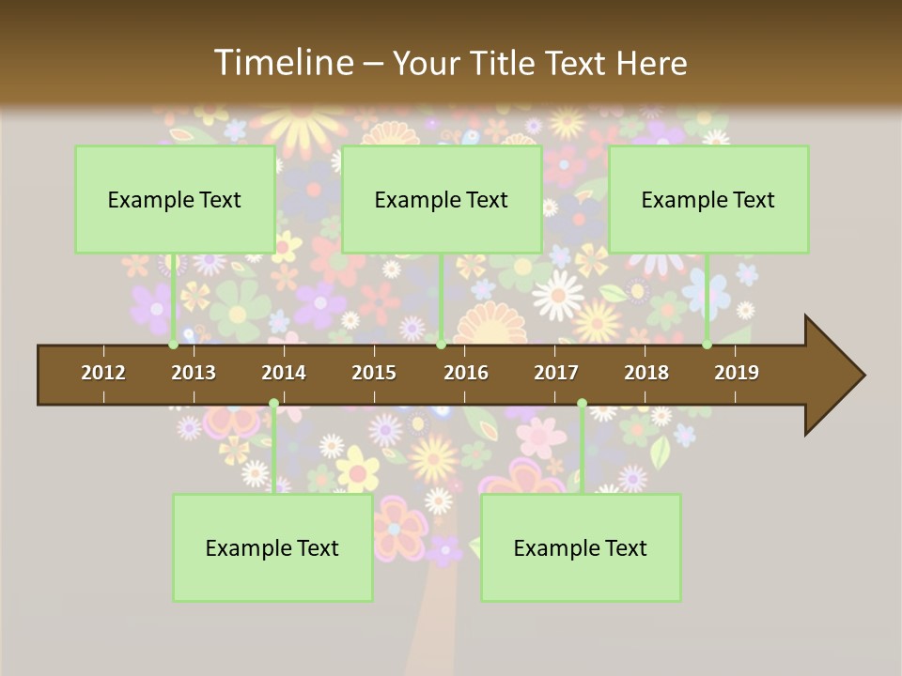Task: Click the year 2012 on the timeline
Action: click(x=103, y=373)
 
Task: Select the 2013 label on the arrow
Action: click(x=194, y=373)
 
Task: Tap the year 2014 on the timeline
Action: click(x=284, y=373)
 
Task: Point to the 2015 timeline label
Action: click(x=374, y=373)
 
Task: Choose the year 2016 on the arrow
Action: click(x=466, y=373)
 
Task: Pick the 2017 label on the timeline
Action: click(x=556, y=373)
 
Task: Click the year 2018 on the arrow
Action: click(x=646, y=373)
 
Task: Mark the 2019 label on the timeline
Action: click(x=737, y=373)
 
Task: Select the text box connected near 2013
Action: click(x=175, y=199)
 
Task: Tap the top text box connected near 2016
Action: click(x=442, y=199)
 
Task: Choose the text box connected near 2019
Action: click(x=708, y=199)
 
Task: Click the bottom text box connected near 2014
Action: click(x=272, y=548)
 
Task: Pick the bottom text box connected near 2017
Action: click(x=581, y=548)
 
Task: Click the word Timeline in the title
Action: click(x=283, y=63)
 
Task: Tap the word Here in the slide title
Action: click(x=651, y=64)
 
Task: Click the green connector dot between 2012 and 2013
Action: click(x=174, y=345)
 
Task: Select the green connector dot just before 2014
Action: click(x=273, y=404)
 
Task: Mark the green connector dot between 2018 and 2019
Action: click(x=707, y=345)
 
